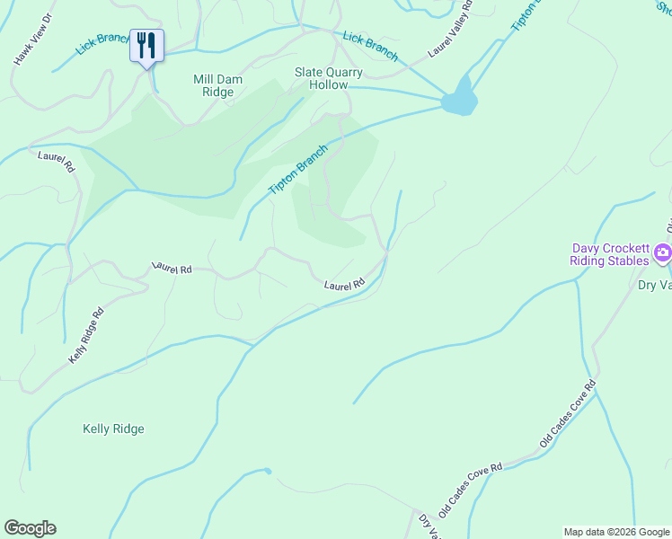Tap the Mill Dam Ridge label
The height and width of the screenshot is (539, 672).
tap(214, 85)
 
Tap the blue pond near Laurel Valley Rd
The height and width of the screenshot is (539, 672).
tap(459, 97)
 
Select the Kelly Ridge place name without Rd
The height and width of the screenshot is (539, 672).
tap(113, 429)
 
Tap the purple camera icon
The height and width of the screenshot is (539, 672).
tap(663, 253)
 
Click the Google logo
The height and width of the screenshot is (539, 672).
tap(30, 528)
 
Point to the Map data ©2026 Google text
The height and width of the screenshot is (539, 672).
tap(616, 532)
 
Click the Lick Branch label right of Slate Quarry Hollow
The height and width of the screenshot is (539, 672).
tap(369, 45)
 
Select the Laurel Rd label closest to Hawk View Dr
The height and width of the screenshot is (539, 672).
tap(54, 162)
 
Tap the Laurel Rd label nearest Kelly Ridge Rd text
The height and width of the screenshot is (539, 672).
tap(172, 269)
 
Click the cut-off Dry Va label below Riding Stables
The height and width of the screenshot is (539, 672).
tap(654, 286)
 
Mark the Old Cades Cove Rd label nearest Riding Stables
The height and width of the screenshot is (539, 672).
tap(568, 414)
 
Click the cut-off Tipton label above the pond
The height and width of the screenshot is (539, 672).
tap(526, 16)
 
